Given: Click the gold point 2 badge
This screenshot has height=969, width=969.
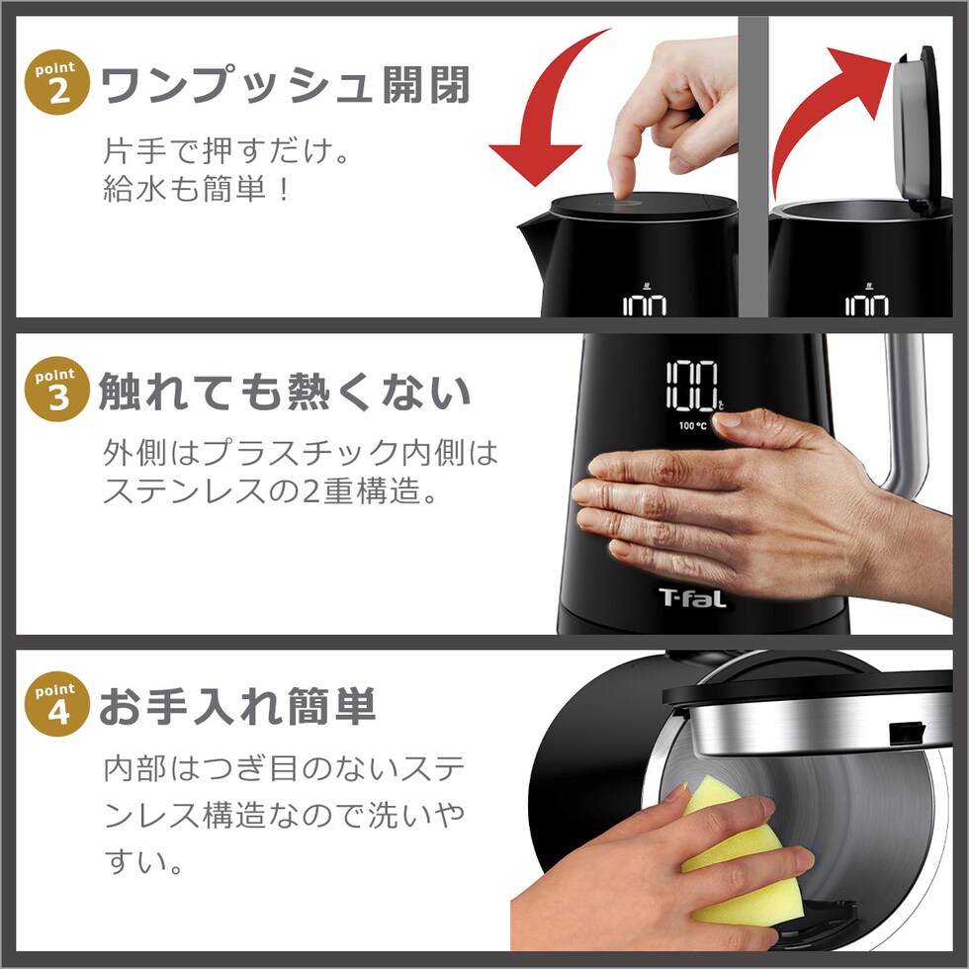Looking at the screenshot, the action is coord(57,82).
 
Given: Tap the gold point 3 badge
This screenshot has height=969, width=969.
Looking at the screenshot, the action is coord(57,390).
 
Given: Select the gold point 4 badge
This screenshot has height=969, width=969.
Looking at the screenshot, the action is coord(57,704).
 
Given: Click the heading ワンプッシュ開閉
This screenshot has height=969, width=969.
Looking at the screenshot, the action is coord(285,85).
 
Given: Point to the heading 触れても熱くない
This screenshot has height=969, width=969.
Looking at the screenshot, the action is coord(285,392).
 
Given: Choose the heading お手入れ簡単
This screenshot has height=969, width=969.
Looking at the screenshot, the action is coord(237,706).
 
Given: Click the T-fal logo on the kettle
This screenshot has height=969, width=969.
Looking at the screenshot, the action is coord(692,598).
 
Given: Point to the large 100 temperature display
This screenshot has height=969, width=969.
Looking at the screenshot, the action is coord(692,386).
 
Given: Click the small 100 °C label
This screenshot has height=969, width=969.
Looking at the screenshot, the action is coord(692,425).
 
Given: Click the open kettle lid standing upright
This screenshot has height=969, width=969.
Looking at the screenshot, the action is coord(917,130).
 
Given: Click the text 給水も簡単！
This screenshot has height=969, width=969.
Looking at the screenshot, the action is coord(196,189).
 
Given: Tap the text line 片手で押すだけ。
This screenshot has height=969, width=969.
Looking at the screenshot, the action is coord(226,150).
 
